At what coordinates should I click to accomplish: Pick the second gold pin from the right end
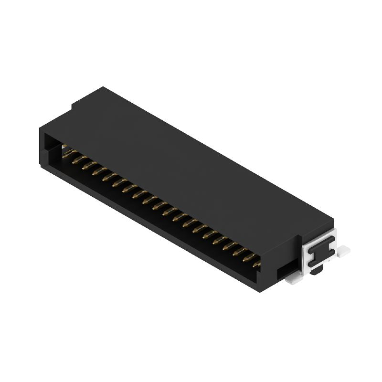click(x=248, y=257)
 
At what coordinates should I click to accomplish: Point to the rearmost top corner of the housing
click(x=102, y=87)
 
